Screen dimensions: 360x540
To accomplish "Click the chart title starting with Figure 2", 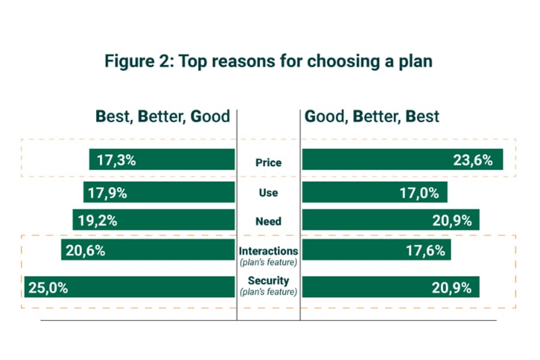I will pyautogui.click(x=268, y=61).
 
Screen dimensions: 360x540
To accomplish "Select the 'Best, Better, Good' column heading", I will pyautogui.click(x=163, y=116).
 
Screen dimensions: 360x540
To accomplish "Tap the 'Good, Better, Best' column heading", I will pyautogui.click(x=372, y=116).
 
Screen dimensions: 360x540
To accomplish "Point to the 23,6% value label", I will pyautogui.click(x=473, y=160).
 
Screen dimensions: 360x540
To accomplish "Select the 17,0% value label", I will pyautogui.click(x=419, y=193).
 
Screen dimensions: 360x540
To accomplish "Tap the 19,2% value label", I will pyautogui.click(x=97, y=220).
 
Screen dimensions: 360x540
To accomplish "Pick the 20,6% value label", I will pyautogui.click(x=86, y=251).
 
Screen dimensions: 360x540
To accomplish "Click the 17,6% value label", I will pyautogui.click(x=425, y=251).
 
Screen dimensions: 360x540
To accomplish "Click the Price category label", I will pyautogui.click(x=268, y=162).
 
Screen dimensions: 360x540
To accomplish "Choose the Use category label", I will pyautogui.click(x=268, y=193).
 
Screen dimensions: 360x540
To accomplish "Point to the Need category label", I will pyautogui.click(x=268, y=221).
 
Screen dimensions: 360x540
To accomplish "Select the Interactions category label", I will pyautogui.click(x=268, y=251).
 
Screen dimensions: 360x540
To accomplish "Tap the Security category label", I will pyautogui.click(x=268, y=281).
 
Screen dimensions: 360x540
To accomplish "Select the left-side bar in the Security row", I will pyautogui.click(x=150, y=287).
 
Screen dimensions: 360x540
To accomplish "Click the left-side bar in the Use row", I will pyautogui.click(x=180, y=193).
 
